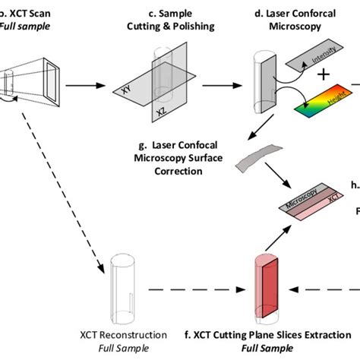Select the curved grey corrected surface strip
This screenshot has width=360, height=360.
pyautogui.click(x=253, y=156)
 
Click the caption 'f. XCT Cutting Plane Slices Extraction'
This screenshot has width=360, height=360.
pyautogui.click(x=256, y=335)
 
